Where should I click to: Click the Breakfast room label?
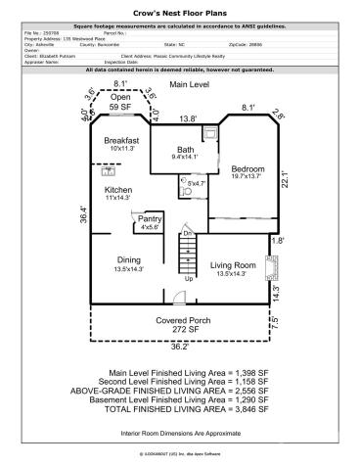point(123,140)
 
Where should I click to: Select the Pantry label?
point(149,218)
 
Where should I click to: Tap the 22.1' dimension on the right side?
point(283,179)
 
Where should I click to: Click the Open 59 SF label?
point(120,102)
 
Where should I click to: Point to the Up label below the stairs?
point(189,280)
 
